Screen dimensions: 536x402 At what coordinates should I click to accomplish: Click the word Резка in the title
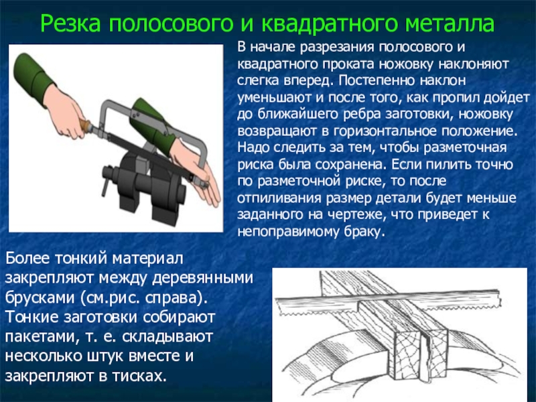click(x=70, y=23)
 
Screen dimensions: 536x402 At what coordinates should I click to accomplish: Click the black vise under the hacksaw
click(x=143, y=185)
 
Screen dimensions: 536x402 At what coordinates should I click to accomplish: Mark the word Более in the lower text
click(x=27, y=259)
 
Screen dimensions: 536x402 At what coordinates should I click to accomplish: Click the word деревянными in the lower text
click(x=202, y=279)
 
